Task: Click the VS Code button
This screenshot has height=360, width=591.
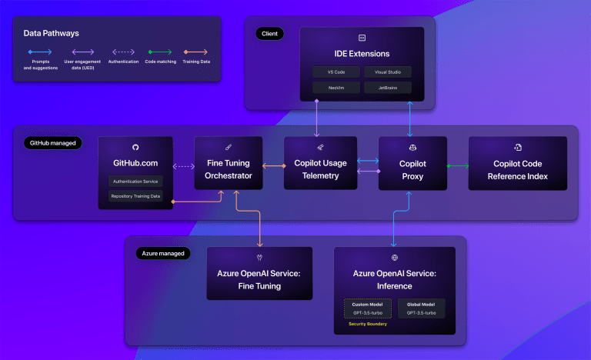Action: (336, 72)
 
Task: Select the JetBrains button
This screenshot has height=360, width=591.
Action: (387, 88)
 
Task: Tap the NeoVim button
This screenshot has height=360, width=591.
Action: (336, 88)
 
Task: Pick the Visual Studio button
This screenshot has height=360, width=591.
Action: (387, 72)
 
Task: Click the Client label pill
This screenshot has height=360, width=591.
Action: (269, 34)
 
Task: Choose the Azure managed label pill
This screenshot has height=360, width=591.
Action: (162, 253)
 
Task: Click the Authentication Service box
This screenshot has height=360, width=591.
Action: (135, 182)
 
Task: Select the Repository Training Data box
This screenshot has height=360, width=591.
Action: (135, 197)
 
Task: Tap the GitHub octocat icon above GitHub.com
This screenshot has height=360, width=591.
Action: (135, 147)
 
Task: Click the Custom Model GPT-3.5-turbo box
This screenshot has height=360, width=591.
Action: (366, 308)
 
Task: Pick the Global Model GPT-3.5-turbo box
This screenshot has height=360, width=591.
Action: (422, 308)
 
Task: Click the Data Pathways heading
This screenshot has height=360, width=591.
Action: (52, 33)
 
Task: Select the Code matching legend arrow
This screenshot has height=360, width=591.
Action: (160, 52)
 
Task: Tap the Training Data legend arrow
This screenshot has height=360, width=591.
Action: (195, 52)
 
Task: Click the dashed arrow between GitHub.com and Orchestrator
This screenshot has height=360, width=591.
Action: (183, 165)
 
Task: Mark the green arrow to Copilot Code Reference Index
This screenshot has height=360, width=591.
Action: (457, 165)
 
